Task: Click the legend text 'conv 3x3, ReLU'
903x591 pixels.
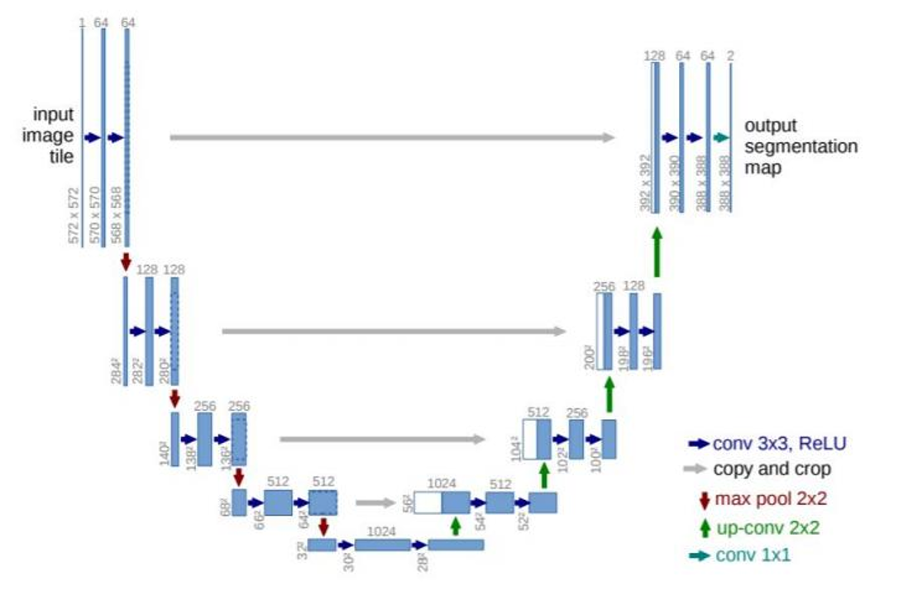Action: pyautogui.click(x=778, y=443)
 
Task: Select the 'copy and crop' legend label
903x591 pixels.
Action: pyautogui.click(x=771, y=469)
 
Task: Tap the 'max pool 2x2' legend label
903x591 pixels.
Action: pyautogui.click(x=770, y=498)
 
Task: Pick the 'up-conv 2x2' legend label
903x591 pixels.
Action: pyautogui.click(x=767, y=527)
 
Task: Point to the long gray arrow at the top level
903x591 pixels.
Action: pyautogui.click(x=393, y=138)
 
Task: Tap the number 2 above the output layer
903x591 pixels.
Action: pyautogui.click(x=730, y=55)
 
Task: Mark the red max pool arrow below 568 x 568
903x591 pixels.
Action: pyautogui.click(x=126, y=261)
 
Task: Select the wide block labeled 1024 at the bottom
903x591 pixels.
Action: pyautogui.click(x=382, y=545)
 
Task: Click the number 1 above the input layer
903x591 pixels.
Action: pyautogui.click(x=82, y=22)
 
